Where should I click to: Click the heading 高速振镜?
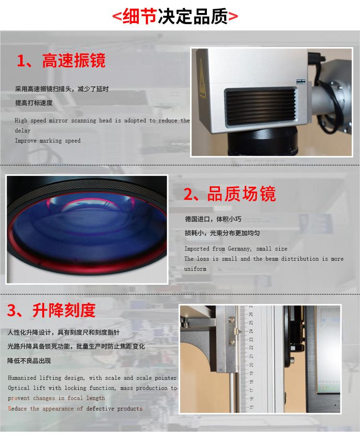[74, 61]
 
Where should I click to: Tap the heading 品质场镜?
[241, 194]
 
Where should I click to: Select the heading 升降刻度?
[64, 310]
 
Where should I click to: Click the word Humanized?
[22, 378]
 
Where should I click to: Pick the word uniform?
[195, 269]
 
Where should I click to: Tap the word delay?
[23, 131]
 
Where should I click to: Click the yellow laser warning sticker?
[202, 79]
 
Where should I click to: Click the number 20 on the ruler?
[252, 365]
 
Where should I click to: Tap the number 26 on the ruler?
[252, 314]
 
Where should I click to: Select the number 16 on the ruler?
[252, 399]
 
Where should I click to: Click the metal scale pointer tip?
[240, 331]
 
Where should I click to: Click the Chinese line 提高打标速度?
[34, 103]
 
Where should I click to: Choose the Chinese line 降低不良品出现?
[29, 361]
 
